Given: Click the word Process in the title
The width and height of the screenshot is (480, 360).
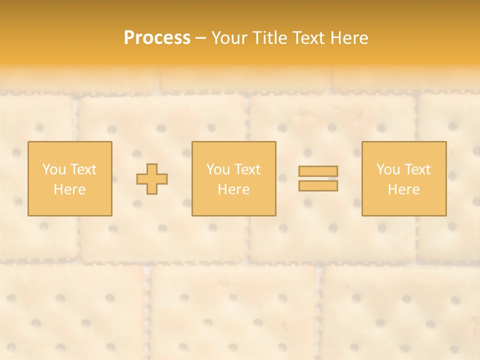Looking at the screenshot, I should (x=157, y=38).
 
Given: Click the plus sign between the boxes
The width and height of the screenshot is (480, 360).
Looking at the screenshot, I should (x=152, y=179).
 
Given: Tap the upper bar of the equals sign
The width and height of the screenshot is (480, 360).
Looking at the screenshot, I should (x=318, y=171).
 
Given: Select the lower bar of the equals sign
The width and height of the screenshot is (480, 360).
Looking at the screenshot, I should (x=318, y=185).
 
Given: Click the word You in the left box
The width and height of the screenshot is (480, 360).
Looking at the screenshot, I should (x=54, y=169).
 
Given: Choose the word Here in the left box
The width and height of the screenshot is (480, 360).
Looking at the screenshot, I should (x=69, y=189).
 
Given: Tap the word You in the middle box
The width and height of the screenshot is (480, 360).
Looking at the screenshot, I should (x=218, y=169).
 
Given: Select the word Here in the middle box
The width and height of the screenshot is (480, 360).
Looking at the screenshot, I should (x=233, y=189).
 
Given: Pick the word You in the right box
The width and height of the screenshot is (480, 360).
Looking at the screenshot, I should (x=388, y=169).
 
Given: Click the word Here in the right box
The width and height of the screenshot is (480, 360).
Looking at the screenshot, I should (x=403, y=189).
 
